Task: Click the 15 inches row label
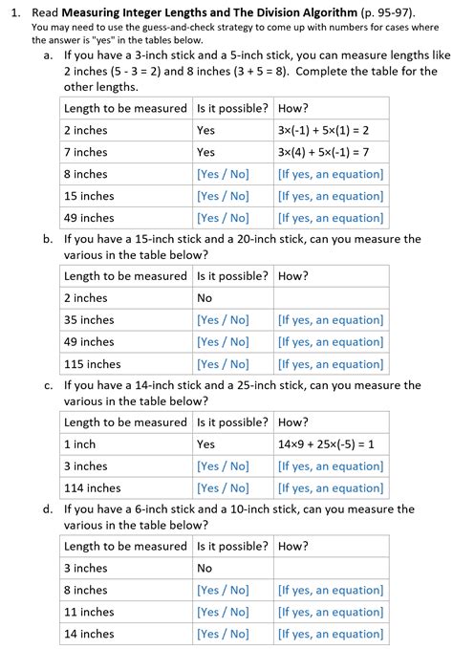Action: click(89, 196)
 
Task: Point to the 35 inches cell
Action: click(89, 320)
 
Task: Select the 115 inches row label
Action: click(92, 364)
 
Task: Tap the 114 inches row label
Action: click(92, 488)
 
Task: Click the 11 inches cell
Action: click(89, 612)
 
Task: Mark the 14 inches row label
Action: click(89, 634)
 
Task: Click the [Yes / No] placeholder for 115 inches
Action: click(223, 364)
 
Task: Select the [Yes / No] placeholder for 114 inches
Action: click(223, 488)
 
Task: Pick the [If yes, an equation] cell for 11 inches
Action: click(331, 612)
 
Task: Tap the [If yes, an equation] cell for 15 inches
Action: click(331, 196)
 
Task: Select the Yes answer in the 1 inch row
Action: click(205, 444)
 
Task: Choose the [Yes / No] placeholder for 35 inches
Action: click(223, 320)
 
